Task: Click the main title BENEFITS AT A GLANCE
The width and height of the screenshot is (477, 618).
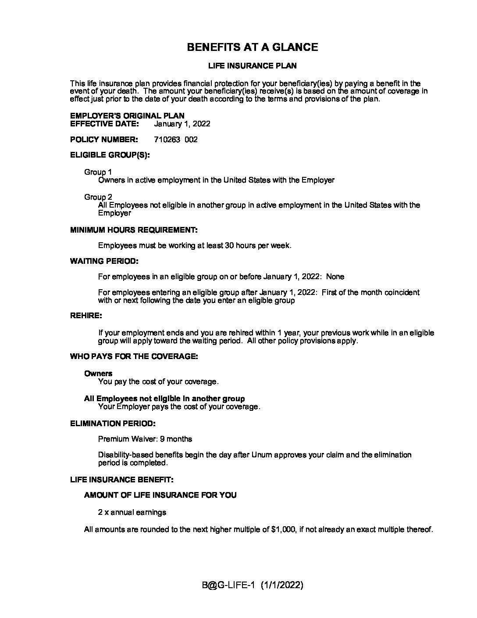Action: [x=252, y=47]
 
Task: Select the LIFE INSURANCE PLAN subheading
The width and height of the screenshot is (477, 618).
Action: [x=252, y=66]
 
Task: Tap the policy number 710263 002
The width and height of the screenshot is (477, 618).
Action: [x=176, y=140]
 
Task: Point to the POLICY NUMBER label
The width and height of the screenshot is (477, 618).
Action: [x=104, y=140]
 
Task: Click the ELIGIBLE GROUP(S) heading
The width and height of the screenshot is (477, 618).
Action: [x=110, y=155]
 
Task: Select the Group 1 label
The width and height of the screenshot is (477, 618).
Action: [x=98, y=172]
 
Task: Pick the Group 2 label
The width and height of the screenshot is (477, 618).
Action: [x=98, y=197]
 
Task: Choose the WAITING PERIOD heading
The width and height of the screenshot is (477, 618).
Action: [x=104, y=261]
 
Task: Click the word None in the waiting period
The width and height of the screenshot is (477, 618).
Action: [x=335, y=277]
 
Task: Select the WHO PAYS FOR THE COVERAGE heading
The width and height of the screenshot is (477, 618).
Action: [x=134, y=356]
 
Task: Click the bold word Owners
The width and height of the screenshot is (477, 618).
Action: [x=98, y=374]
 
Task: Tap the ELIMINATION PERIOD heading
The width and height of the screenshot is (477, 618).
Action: [x=113, y=424]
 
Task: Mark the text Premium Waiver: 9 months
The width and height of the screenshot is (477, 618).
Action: [x=145, y=439]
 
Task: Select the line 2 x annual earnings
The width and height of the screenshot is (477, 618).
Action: [x=132, y=512]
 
